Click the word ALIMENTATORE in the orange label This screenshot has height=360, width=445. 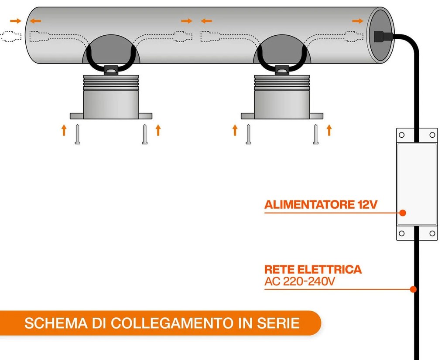(307, 205)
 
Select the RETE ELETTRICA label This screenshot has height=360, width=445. (313, 269)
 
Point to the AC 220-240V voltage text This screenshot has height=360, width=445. (300, 282)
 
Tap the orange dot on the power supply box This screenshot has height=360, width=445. (403, 213)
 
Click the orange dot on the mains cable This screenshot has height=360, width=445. (413, 289)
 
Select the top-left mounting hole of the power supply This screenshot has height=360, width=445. (402, 135)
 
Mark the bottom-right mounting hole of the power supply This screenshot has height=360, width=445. (432, 234)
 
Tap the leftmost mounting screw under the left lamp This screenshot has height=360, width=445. (77, 134)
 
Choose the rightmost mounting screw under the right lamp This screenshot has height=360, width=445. (315, 134)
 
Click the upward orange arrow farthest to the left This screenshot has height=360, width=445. (64, 130)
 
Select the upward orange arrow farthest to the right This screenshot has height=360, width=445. (329, 130)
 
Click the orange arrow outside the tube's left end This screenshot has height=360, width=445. (16, 20)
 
